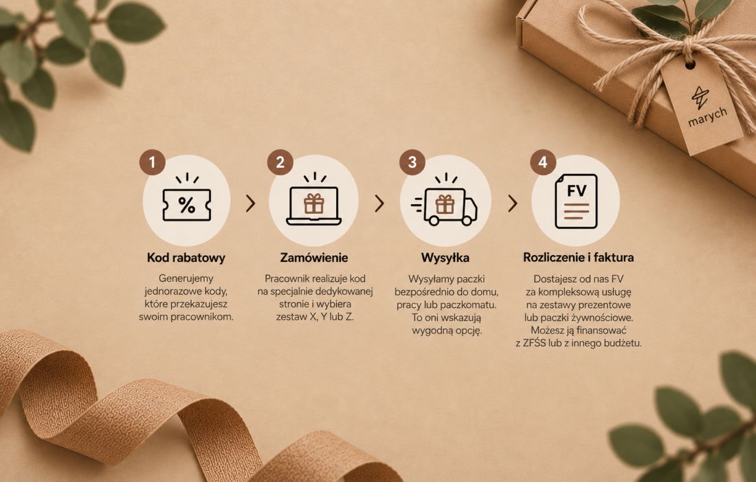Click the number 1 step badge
tap(153, 162)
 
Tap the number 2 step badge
tap(280, 162)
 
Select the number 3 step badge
tap(412, 162)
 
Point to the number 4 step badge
tap(543, 162)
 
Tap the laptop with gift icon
tap(314, 199)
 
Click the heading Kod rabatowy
tap(186, 258)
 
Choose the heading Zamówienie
tap(314, 258)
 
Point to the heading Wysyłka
tap(445, 258)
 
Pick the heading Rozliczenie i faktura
tap(578, 257)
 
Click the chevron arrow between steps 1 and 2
tap(250, 204)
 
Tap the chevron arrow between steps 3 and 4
tap(513, 204)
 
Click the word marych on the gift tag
tap(707, 118)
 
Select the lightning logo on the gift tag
tap(700, 98)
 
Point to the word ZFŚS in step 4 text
tap(534, 344)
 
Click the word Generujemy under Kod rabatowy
tap(186, 279)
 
